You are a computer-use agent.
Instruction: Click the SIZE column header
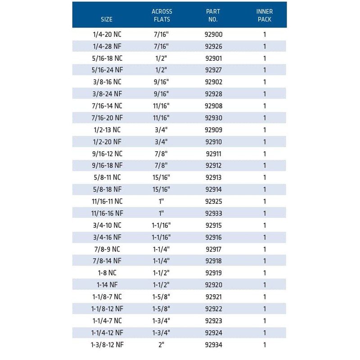[x=107, y=19]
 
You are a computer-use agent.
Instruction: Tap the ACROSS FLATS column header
[x=162, y=15]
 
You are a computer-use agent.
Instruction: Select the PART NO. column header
[x=213, y=15]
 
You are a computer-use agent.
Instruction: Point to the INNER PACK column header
[x=265, y=15]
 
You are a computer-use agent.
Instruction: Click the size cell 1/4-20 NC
[x=107, y=35]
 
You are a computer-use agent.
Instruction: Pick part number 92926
[x=214, y=46]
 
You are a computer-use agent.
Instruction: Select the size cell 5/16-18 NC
[x=107, y=58]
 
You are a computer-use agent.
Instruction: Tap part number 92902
[x=214, y=82]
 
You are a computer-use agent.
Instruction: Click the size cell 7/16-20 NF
[x=107, y=118]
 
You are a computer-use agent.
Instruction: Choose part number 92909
[x=214, y=130]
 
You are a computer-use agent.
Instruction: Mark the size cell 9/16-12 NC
[x=107, y=154]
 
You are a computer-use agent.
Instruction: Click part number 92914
[x=214, y=189]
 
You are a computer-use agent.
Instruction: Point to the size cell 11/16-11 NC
[x=107, y=202]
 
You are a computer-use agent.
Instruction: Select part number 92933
[x=214, y=213]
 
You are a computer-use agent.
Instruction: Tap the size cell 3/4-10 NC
[x=107, y=225]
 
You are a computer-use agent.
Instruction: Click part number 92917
[x=214, y=249]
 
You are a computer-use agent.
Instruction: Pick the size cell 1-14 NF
[x=107, y=285]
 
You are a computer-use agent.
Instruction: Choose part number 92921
[x=214, y=297]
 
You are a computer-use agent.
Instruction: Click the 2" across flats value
[x=162, y=345]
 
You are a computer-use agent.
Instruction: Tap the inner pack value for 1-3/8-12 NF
[x=265, y=345]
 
